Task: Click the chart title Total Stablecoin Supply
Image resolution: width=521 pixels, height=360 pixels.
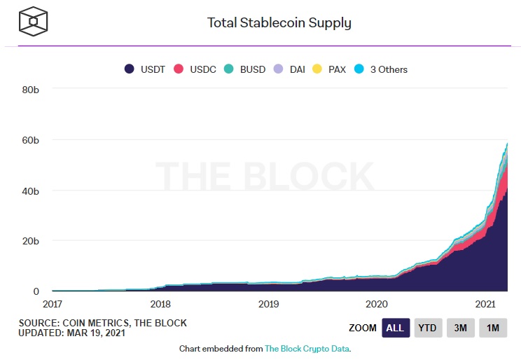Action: [279, 22]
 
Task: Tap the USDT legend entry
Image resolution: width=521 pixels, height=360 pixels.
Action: [145, 69]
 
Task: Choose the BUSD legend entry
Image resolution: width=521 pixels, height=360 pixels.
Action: [244, 69]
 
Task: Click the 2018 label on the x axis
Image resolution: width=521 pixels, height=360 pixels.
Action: [160, 304]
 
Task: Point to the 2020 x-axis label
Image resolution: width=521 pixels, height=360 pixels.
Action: [377, 304]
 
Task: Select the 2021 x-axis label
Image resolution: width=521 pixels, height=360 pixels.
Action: [485, 304]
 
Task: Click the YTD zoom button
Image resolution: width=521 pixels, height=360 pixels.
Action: [427, 328]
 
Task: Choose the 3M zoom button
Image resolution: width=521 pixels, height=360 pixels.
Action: [461, 328]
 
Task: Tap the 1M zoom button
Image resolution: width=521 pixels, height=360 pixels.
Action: [493, 328]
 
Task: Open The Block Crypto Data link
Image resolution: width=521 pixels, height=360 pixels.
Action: [306, 348]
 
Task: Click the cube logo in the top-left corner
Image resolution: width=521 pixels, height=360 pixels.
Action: [34, 22]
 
